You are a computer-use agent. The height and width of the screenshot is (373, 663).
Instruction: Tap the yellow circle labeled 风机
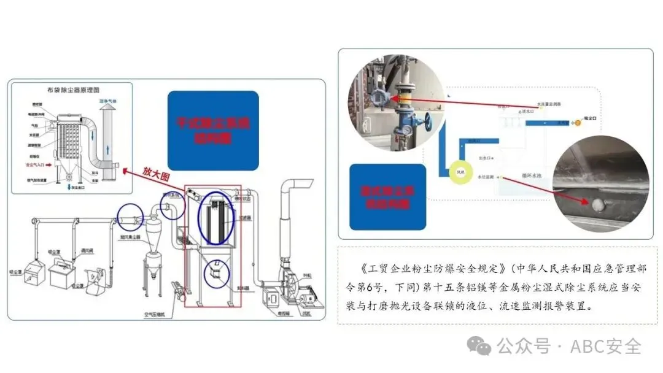[x=462, y=172]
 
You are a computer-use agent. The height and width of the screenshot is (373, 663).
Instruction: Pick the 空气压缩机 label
[x=158, y=315]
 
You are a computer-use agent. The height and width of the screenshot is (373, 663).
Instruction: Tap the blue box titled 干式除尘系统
[x=213, y=130]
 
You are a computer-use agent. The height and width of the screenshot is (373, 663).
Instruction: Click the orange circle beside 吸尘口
[x=576, y=123]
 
